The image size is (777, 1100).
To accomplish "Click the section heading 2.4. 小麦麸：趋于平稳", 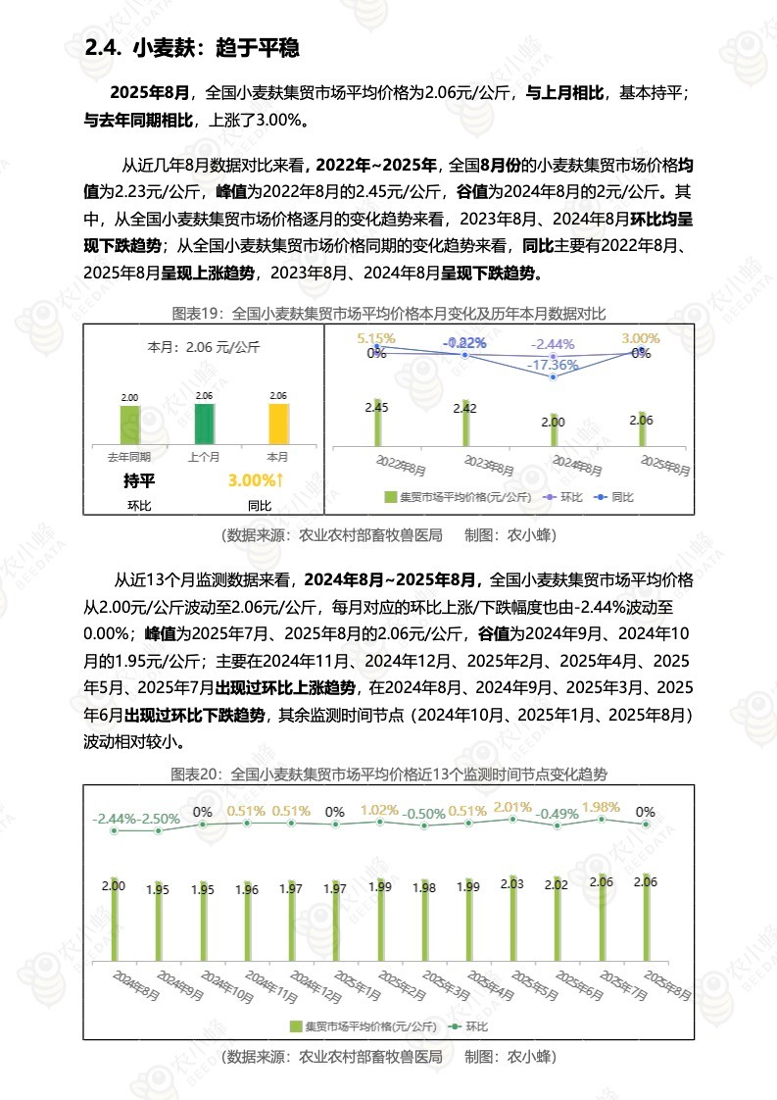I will pos(192,48).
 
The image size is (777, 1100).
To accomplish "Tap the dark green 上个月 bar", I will pos(204,425).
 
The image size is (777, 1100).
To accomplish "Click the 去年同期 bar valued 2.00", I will pos(129,425).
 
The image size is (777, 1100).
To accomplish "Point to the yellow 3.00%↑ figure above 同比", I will pos(256,481).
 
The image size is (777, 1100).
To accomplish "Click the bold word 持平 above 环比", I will pos(139,481).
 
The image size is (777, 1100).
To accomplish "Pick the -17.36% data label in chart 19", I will pos(554,365).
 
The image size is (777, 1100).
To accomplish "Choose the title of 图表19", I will pos(389,314).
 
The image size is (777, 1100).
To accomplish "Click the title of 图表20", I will pos(389,775).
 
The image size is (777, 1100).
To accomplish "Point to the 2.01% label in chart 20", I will pos(512,808).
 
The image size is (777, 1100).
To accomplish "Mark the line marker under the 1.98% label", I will pos(602,819).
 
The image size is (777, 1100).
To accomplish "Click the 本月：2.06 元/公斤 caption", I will pos(202,347).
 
